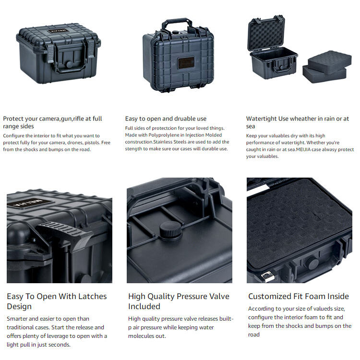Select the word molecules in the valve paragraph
click(x=141, y=336)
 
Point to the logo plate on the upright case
click(x=186, y=63)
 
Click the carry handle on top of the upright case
click(x=177, y=23)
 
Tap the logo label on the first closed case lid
click(x=58, y=31)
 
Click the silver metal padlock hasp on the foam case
click(x=268, y=276)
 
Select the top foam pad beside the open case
click(x=330, y=61)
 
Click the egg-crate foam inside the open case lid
click(x=266, y=33)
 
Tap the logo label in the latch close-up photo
click(x=29, y=203)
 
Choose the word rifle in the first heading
click(x=79, y=119)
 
